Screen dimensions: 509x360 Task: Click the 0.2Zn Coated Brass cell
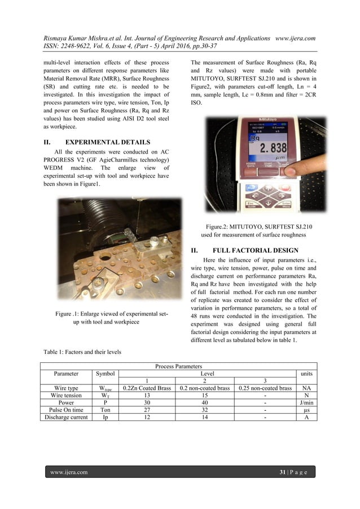[147, 388]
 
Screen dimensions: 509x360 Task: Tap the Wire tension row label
[66, 396]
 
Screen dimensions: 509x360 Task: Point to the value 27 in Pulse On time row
[147, 410]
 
